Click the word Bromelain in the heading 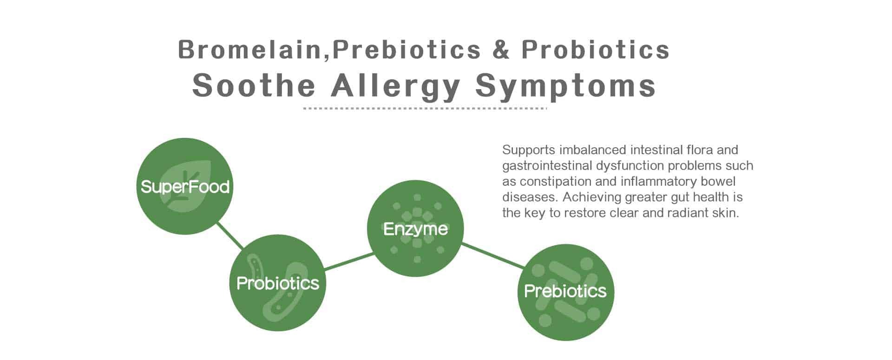[x=249, y=50]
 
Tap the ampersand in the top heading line [x=501, y=50]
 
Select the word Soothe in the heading [x=254, y=85]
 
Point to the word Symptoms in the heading [x=565, y=86]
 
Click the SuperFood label [x=185, y=187]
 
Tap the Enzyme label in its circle [x=415, y=229]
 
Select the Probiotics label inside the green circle [x=278, y=283]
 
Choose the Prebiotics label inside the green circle [x=565, y=291]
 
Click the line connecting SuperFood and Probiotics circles [x=230, y=235]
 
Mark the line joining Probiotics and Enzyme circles [x=348, y=261]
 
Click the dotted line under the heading [x=425, y=109]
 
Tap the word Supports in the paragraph [x=529, y=150]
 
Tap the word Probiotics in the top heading [x=596, y=50]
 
